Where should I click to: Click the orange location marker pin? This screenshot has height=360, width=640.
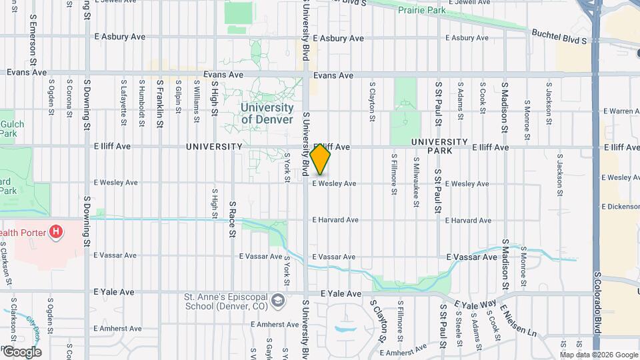321,160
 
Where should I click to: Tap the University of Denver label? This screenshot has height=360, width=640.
267,113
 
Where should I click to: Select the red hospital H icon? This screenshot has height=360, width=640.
57,232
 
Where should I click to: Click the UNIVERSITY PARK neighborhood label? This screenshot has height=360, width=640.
439,146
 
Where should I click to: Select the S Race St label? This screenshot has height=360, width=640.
233,219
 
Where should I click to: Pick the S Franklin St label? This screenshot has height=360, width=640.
160,99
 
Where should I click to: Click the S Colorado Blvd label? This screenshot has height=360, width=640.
597,303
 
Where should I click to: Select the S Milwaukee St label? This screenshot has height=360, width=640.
415,177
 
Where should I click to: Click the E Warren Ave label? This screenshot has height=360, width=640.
621,111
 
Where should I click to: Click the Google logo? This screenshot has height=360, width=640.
21,352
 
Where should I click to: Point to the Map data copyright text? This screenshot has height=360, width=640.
597,354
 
